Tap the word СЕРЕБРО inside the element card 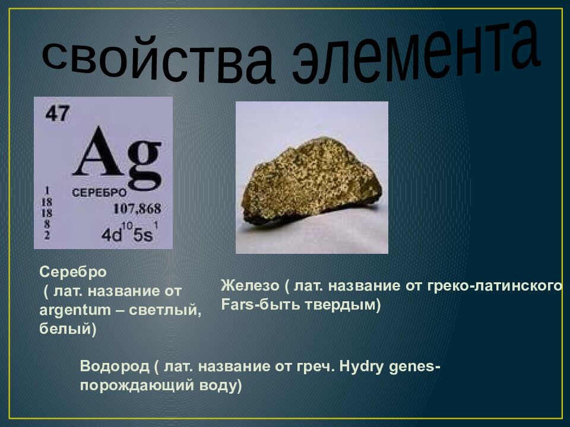click(99, 193)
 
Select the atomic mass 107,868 click(137, 209)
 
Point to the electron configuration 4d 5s click(128, 234)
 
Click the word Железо click(249, 285)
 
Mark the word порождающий click(132, 385)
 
